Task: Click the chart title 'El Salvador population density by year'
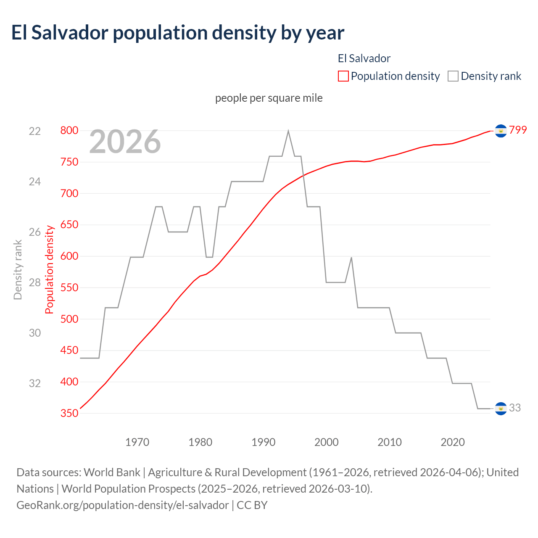coord(177,33)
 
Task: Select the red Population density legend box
coord(343,76)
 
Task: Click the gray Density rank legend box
coord(453,76)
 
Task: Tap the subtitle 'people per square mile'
coord(269,98)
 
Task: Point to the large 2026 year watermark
coord(125,142)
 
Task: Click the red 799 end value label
coord(518,130)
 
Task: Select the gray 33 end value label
coord(515,408)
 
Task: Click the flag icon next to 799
coord(501,131)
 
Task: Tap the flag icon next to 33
coord(501,409)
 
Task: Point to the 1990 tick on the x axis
coord(264,442)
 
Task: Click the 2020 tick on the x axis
coord(453,442)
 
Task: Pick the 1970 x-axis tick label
coord(137,442)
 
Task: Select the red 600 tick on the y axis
coord(69,256)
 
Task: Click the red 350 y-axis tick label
coord(69,414)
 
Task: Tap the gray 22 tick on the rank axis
coord(35,131)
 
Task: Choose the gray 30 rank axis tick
coord(35,333)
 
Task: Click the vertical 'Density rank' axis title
coord(18,269)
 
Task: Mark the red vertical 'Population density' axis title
coord(50,269)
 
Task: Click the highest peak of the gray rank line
coord(288,131)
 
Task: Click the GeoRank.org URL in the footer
coord(122,505)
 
